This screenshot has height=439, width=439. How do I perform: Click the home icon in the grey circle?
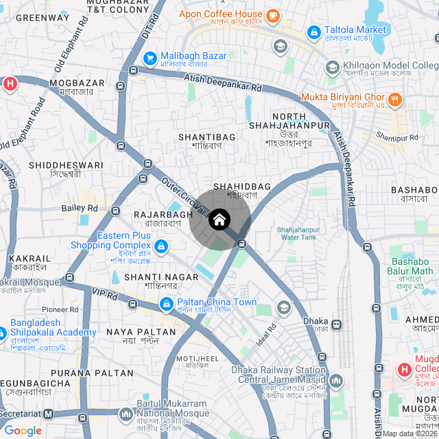219,219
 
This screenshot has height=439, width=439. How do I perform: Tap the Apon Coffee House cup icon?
272,14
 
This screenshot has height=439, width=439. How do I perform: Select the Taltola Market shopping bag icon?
314,31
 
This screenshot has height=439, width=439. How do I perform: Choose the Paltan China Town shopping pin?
166,302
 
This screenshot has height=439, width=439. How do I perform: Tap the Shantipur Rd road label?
398,138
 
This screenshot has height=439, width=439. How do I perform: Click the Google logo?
23,431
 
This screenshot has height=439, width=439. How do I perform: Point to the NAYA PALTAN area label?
141,331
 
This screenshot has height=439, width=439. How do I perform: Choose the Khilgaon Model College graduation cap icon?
332,68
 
